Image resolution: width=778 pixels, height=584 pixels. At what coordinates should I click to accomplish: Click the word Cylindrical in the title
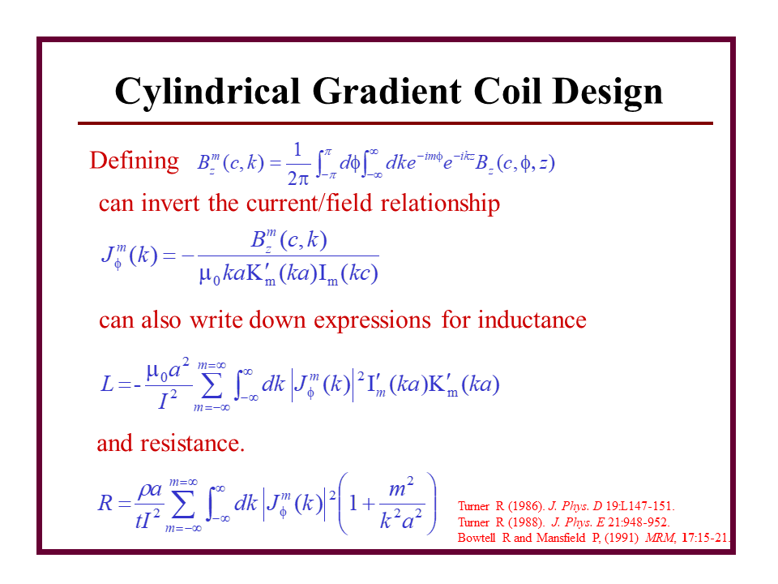coord(207,92)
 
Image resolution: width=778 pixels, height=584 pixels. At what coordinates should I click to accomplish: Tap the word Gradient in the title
coord(387,91)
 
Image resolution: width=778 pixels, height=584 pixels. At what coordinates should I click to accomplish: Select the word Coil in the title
coord(507,91)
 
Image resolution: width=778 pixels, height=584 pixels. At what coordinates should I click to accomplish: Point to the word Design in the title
coord(608,92)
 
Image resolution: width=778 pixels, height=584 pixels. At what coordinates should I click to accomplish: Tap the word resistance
coord(193,443)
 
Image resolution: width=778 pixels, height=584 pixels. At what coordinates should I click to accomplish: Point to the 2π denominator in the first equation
coord(297,178)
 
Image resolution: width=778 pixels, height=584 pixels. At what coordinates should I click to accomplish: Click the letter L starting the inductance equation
coord(107,384)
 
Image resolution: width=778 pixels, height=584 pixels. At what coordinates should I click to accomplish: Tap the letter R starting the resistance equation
coord(105,503)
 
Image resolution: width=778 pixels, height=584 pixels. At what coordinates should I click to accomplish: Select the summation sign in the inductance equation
coord(212,385)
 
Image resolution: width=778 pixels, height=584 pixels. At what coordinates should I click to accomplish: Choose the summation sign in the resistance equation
coord(183,505)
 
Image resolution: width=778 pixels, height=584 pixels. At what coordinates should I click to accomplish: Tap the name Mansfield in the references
coord(561,538)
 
